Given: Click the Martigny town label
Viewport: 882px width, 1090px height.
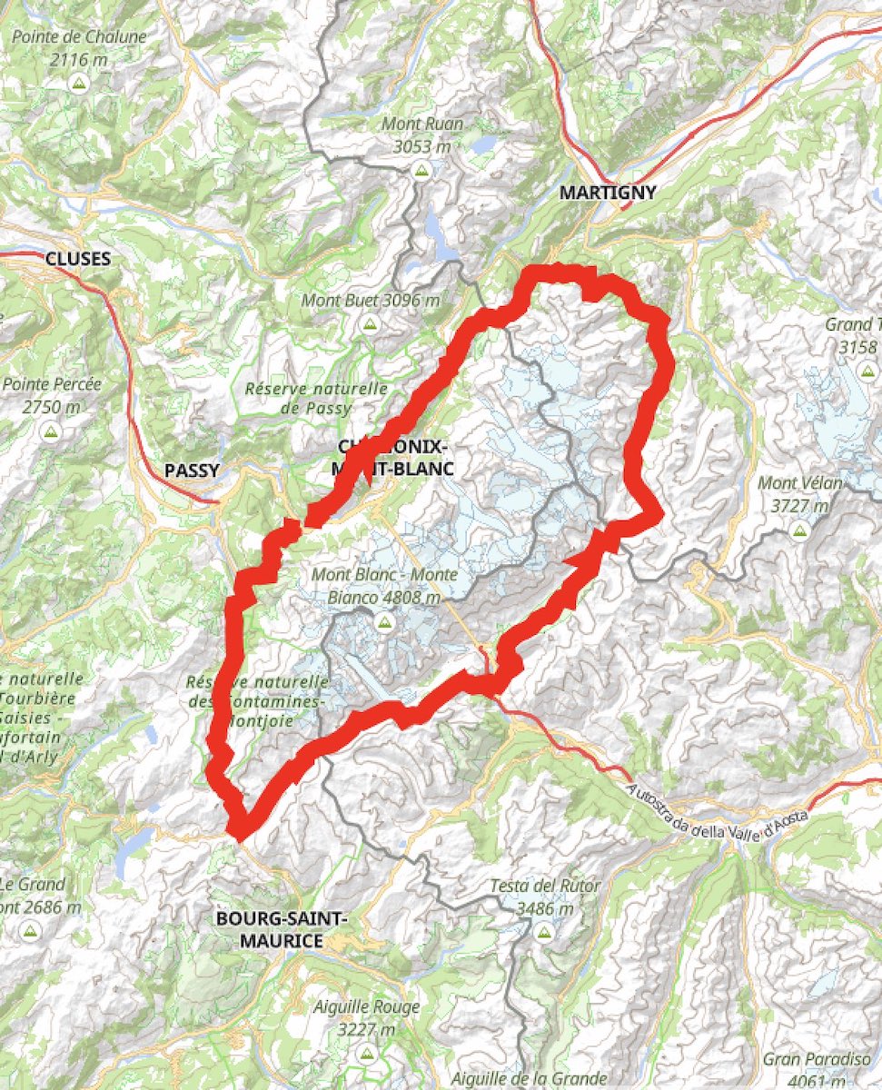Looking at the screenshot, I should [607, 193].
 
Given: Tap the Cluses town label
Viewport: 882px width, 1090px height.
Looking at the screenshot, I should [78, 259].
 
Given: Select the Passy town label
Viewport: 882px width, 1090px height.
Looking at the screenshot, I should [192, 471].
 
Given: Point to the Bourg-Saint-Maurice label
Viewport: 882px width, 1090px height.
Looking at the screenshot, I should [281, 929].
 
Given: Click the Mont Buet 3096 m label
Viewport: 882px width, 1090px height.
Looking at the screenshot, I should [371, 301].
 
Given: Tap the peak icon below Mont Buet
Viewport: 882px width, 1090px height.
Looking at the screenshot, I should [369, 324].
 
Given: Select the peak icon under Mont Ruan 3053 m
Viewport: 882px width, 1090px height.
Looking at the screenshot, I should [421, 170].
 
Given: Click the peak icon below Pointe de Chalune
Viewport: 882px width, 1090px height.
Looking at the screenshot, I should [78, 84].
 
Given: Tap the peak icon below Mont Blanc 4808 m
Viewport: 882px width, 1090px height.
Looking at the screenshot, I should [382, 622].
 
